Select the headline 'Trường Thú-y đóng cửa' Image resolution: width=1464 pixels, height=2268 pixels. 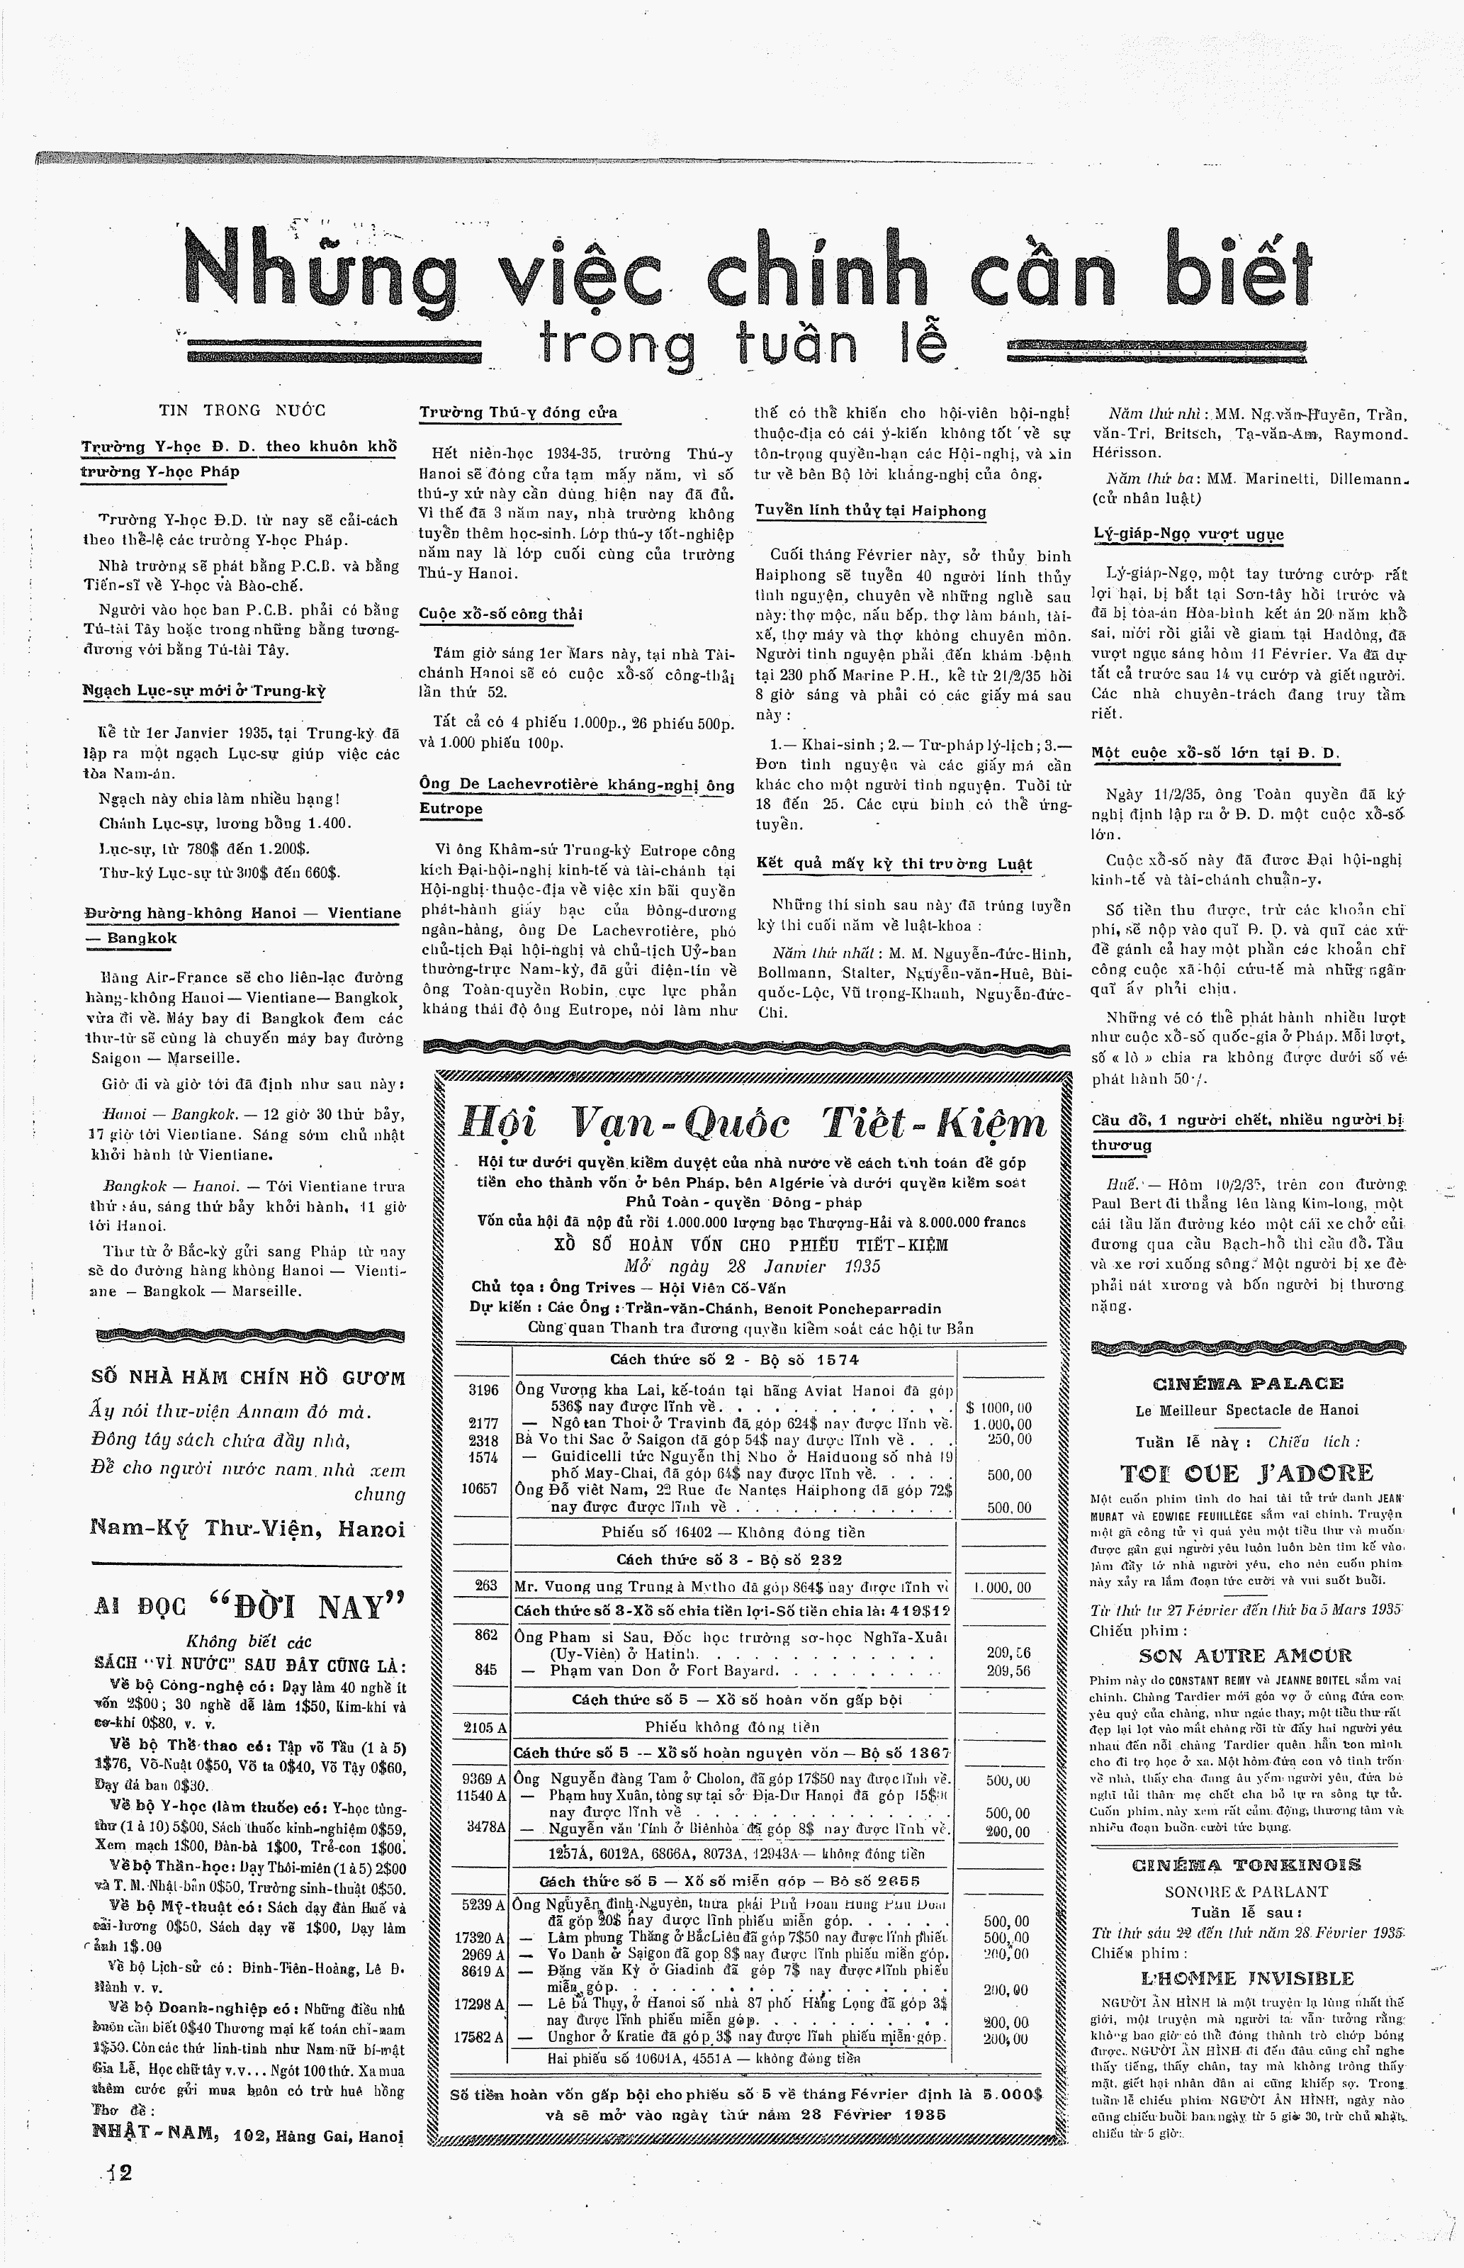click(x=518, y=413)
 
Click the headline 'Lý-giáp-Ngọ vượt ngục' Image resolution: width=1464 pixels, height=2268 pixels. click(x=1188, y=534)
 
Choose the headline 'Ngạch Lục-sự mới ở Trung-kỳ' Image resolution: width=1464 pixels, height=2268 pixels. click(x=203, y=691)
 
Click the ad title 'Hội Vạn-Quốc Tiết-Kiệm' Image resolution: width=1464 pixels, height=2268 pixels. click(x=753, y=1125)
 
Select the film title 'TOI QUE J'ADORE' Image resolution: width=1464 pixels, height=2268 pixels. click(x=1247, y=1474)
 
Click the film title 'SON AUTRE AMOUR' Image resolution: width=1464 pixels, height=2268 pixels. click(x=1246, y=1655)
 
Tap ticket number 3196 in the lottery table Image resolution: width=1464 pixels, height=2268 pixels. click(x=483, y=1390)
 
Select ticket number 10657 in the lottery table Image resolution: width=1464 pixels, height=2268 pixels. click(x=480, y=1488)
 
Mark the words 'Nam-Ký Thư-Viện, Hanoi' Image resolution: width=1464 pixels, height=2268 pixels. click(x=247, y=1529)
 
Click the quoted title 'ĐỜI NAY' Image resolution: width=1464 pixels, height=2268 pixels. click(x=307, y=1607)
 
